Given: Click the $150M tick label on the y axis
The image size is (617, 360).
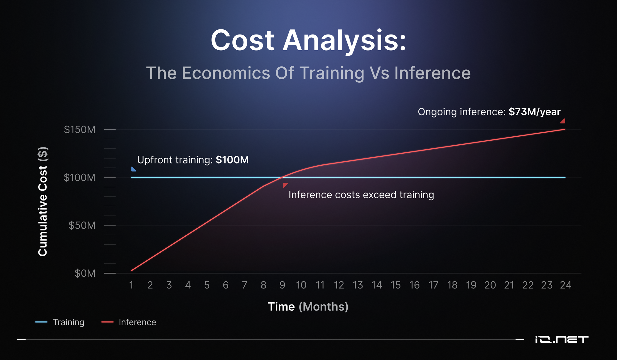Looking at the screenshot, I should pos(80,130).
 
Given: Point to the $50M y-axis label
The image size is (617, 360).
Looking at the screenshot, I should pos(82,226).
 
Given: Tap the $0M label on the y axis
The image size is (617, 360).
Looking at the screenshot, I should pos(85,273).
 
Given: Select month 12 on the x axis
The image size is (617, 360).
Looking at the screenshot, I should pos(339,285).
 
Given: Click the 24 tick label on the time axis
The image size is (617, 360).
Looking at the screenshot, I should pos(565,285).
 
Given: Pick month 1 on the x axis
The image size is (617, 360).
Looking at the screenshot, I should pos(131,285).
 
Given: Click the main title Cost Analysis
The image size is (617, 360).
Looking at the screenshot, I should pos(308,40).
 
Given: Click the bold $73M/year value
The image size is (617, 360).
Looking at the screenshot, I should pos(534,112).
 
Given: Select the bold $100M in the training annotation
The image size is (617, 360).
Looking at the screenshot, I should pos(232,160).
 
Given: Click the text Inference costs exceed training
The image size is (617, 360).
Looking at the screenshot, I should pos(361,195).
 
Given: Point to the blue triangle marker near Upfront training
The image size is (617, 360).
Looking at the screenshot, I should pos(133,169).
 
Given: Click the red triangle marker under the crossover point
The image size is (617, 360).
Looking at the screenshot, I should pos(285,185).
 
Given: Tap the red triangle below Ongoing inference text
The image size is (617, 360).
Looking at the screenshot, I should pos(563,121).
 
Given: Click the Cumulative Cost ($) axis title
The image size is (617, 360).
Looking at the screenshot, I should pos(43,201).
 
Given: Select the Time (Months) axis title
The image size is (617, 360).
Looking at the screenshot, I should pos(308,307).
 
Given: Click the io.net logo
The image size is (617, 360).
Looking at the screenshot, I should pos(561,339).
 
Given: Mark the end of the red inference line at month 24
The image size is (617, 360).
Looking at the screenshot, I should pos(565,129).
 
